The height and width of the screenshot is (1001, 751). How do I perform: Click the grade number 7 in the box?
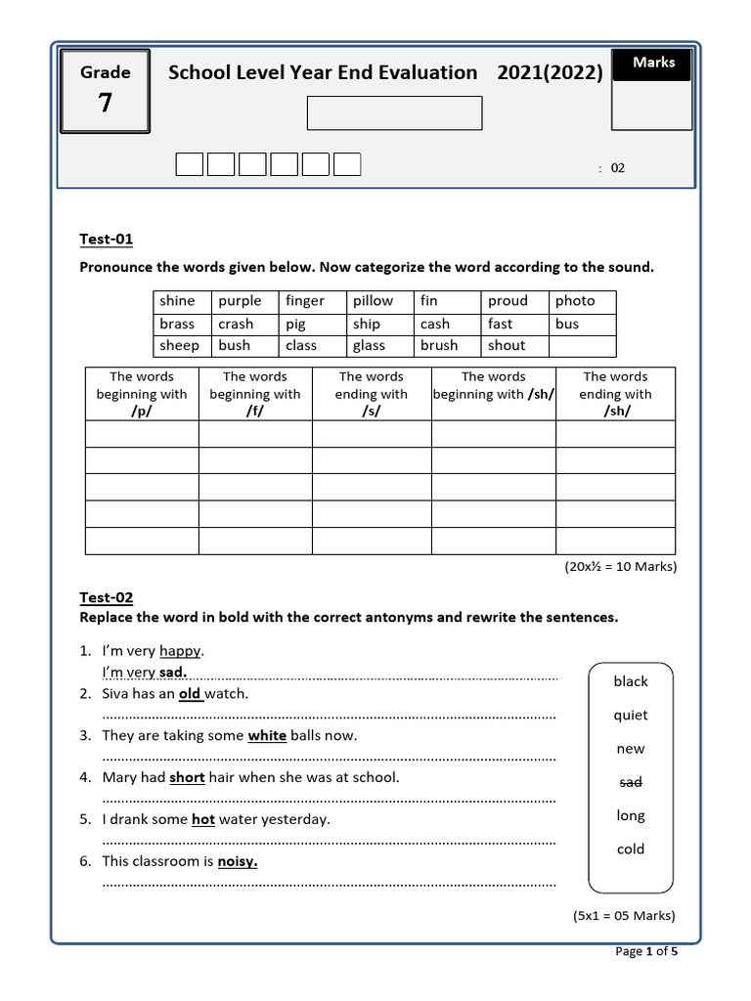(105, 102)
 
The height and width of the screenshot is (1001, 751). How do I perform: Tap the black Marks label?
(652, 63)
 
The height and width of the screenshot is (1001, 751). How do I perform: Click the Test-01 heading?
(106, 239)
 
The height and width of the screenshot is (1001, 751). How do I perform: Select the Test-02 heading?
(106, 597)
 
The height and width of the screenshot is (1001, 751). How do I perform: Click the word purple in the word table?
(240, 301)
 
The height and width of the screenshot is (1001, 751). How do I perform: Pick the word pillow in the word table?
(373, 301)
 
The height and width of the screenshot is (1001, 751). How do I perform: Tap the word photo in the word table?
(575, 301)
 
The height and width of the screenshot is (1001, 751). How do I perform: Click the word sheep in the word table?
(179, 345)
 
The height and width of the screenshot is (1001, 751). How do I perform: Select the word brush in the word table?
(439, 345)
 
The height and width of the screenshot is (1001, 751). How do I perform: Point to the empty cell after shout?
(582, 346)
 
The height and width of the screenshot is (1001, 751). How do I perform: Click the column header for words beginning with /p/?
(142, 394)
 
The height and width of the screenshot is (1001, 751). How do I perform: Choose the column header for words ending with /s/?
(372, 394)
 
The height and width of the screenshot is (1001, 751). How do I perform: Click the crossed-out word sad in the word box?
(631, 782)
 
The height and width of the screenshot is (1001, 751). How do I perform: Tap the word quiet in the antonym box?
(631, 716)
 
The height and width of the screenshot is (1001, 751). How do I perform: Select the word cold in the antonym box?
(631, 849)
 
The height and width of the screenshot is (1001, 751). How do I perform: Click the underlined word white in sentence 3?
(267, 736)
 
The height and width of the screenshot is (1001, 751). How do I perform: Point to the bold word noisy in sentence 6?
(237, 861)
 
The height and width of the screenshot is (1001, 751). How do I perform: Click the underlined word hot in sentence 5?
(203, 820)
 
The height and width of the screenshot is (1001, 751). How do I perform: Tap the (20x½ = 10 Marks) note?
(620, 567)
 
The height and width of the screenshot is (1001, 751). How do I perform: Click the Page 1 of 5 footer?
(645, 951)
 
